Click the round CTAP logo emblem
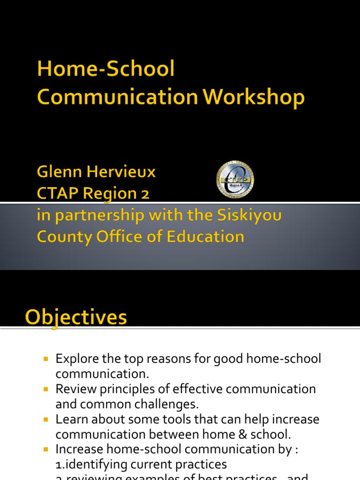click(235, 180)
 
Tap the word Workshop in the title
click(254, 97)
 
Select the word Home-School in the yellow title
click(106, 69)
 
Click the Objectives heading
click(76, 318)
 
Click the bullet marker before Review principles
click(46, 389)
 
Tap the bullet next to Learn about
click(46, 419)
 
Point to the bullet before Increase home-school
click(46, 449)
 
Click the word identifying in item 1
click(93, 464)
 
